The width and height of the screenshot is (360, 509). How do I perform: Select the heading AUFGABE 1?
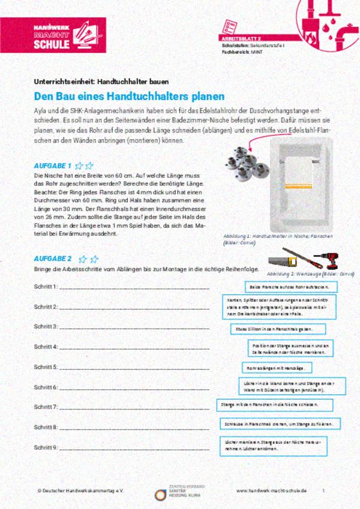(53, 165)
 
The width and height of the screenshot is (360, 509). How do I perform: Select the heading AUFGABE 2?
(53, 259)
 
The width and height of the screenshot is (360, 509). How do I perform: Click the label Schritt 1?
(46, 287)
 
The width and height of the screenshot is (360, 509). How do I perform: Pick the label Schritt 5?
(46, 367)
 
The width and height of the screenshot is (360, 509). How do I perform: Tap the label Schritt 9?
(46, 447)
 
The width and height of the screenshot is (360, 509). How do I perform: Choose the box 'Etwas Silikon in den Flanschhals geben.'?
(278, 329)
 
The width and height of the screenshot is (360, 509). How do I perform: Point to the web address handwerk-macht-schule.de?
(271, 490)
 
